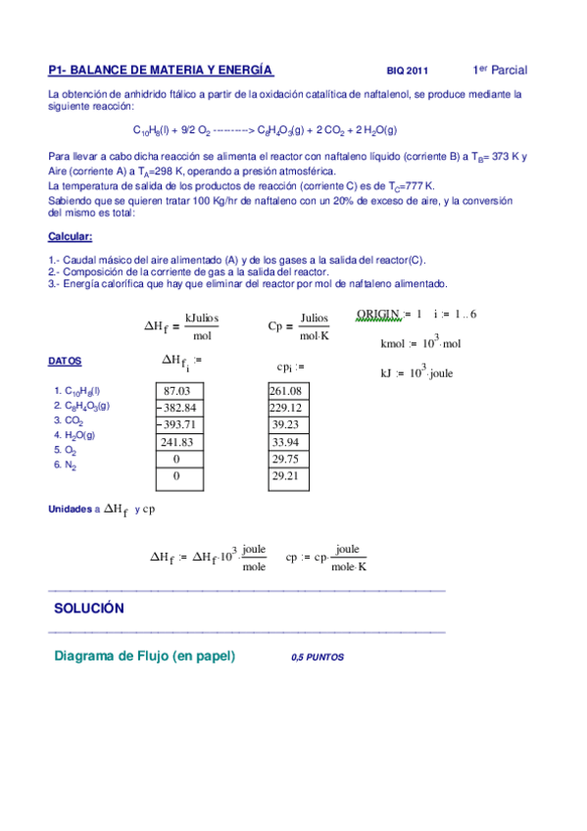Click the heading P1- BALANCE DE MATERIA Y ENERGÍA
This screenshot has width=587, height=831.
click(x=161, y=71)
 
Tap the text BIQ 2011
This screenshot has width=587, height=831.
click(x=408, y=72)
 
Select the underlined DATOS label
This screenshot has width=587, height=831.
click(x=65, y=362)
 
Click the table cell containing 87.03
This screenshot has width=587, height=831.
click(x=176, y=391)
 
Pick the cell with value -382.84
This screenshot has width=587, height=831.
click(x=176, y=408)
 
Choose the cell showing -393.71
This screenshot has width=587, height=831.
click(x=176, y=424)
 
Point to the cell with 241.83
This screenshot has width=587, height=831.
click(x=176, y=442)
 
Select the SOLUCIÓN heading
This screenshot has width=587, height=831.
click(x=89, y=609)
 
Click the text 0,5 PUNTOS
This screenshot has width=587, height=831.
click(x=318, y=659)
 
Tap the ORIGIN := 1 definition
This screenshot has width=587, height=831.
click(x=389, y=315)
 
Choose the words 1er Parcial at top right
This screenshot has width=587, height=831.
click(x=500, y=70)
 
